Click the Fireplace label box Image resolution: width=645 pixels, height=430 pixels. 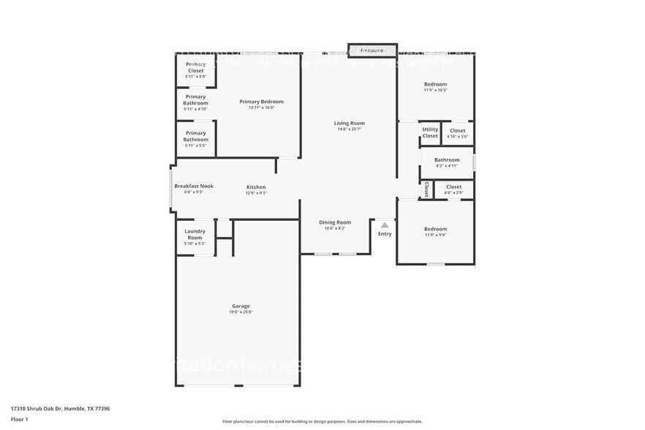[x=371, y=50]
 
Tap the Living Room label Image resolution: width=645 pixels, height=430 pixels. [x=350, y=124]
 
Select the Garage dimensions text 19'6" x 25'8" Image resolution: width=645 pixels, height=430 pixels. [x=241, y=312]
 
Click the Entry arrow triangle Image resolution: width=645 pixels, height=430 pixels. [x=385, y=225]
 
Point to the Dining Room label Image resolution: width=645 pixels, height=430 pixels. [x=335, y=222]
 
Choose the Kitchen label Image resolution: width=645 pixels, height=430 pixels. [x=256, y=187]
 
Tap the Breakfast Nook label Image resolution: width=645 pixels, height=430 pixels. [x=193, y=186]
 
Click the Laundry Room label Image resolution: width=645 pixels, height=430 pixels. [x=195, y=234]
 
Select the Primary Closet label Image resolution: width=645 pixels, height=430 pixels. [x=195, y=67]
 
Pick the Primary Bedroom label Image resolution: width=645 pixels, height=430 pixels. [x=261, y=102]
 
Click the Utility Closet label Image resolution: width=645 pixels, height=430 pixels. [x=430, y=132]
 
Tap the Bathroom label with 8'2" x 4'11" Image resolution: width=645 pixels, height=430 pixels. [x=447, y=160]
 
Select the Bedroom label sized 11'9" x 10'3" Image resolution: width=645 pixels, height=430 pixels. [x=435, y=84]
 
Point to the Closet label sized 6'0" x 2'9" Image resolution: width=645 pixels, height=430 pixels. [x=453, y=186]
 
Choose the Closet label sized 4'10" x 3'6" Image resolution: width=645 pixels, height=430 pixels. [x=457, y=131]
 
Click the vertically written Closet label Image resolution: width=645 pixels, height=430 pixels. [x=426, y=189]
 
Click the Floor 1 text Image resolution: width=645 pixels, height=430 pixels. [x=19, y=419]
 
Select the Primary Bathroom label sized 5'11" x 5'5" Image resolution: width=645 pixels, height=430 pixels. [x=195, y=136]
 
